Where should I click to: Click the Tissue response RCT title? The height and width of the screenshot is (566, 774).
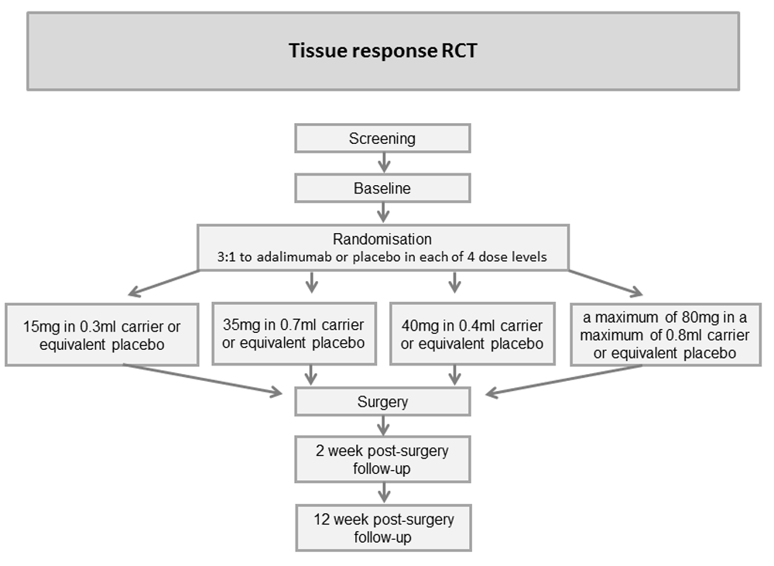[x=382, y=51]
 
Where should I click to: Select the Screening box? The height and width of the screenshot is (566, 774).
[x=382, y=139]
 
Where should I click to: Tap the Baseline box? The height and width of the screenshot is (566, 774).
[x=382, y=188]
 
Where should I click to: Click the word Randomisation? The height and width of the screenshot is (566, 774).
[x=382, y=239]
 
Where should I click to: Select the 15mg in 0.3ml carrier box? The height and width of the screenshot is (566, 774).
[x=102, y=334]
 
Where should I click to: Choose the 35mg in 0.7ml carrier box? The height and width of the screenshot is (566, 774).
[x=294, y=334]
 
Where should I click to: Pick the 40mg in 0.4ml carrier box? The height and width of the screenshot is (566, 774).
[x=472, y=334]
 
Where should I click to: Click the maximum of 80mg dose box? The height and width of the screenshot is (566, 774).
[x=666, y=334]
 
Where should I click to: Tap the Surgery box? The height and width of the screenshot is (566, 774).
[x=382, y=402]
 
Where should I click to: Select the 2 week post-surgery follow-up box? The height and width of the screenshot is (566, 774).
[x=382, y=459]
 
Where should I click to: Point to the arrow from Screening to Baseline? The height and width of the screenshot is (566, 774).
[x=384, y=163]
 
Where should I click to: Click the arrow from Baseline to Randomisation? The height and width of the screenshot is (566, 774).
[x=384, y=213]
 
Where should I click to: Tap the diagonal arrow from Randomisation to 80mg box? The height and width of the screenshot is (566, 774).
[x=606, y=283]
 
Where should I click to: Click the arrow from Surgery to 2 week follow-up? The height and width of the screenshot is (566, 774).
[x=384, y=426]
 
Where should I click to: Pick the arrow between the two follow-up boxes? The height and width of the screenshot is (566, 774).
[x=384, y=493]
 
